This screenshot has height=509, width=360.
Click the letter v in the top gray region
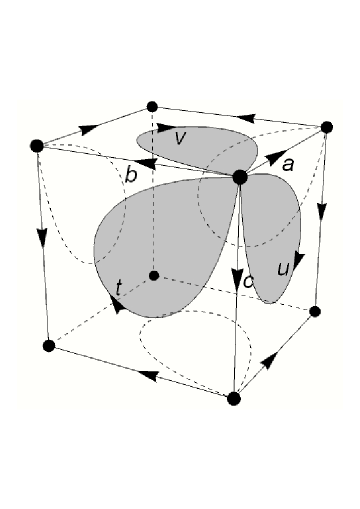[x=179, y=138]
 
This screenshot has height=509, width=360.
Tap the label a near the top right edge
[x=288, y=164]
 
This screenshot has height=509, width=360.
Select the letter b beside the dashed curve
[x=130, y=176]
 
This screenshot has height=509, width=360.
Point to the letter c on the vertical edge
[x=249, y=282]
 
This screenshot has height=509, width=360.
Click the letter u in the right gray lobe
[x=283, y=268]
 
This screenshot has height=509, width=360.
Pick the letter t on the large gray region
[x=119, y=288]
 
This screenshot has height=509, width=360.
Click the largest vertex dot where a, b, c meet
[x=240, y=177]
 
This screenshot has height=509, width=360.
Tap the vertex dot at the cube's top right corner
[x=325, y=127]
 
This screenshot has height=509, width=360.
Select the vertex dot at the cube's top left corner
[x=37, y=146]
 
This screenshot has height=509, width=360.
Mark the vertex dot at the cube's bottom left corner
[x=48, y=346]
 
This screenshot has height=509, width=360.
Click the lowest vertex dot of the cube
[x=234, y=399]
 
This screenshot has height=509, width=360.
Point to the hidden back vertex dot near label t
[x=153, y=275]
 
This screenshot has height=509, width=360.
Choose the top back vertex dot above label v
[x=152, y=106]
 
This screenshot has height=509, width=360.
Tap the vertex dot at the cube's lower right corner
[x=314, y=311]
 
